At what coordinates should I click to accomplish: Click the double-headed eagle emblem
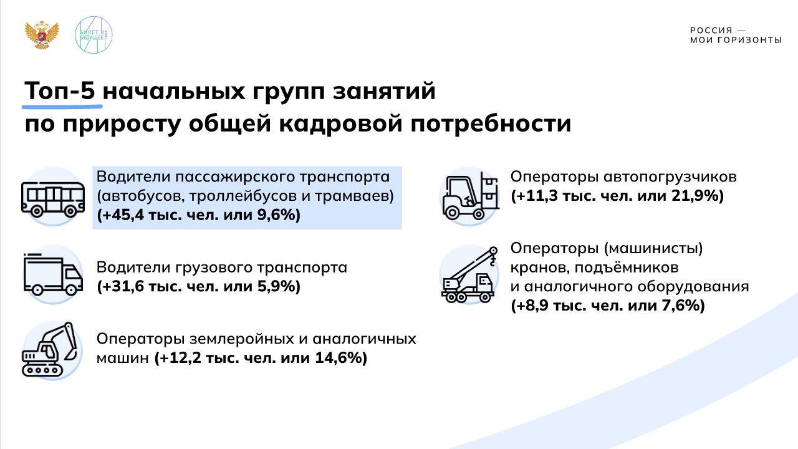pos(42,35)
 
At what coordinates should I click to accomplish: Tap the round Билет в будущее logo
pos(94,35)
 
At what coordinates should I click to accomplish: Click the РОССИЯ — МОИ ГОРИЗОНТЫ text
pos(736,36)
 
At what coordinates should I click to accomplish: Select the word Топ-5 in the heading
pos(60,90)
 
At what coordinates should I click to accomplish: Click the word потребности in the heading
pos(491,124)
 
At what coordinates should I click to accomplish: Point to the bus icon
pos(53,199)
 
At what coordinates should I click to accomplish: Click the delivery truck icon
pos(53,274)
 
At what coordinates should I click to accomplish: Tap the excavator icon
pos(49,350)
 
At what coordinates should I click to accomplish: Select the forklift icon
pos(470,196)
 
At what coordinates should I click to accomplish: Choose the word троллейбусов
pos(243,196)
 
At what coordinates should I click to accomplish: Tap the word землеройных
pos(242,339)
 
